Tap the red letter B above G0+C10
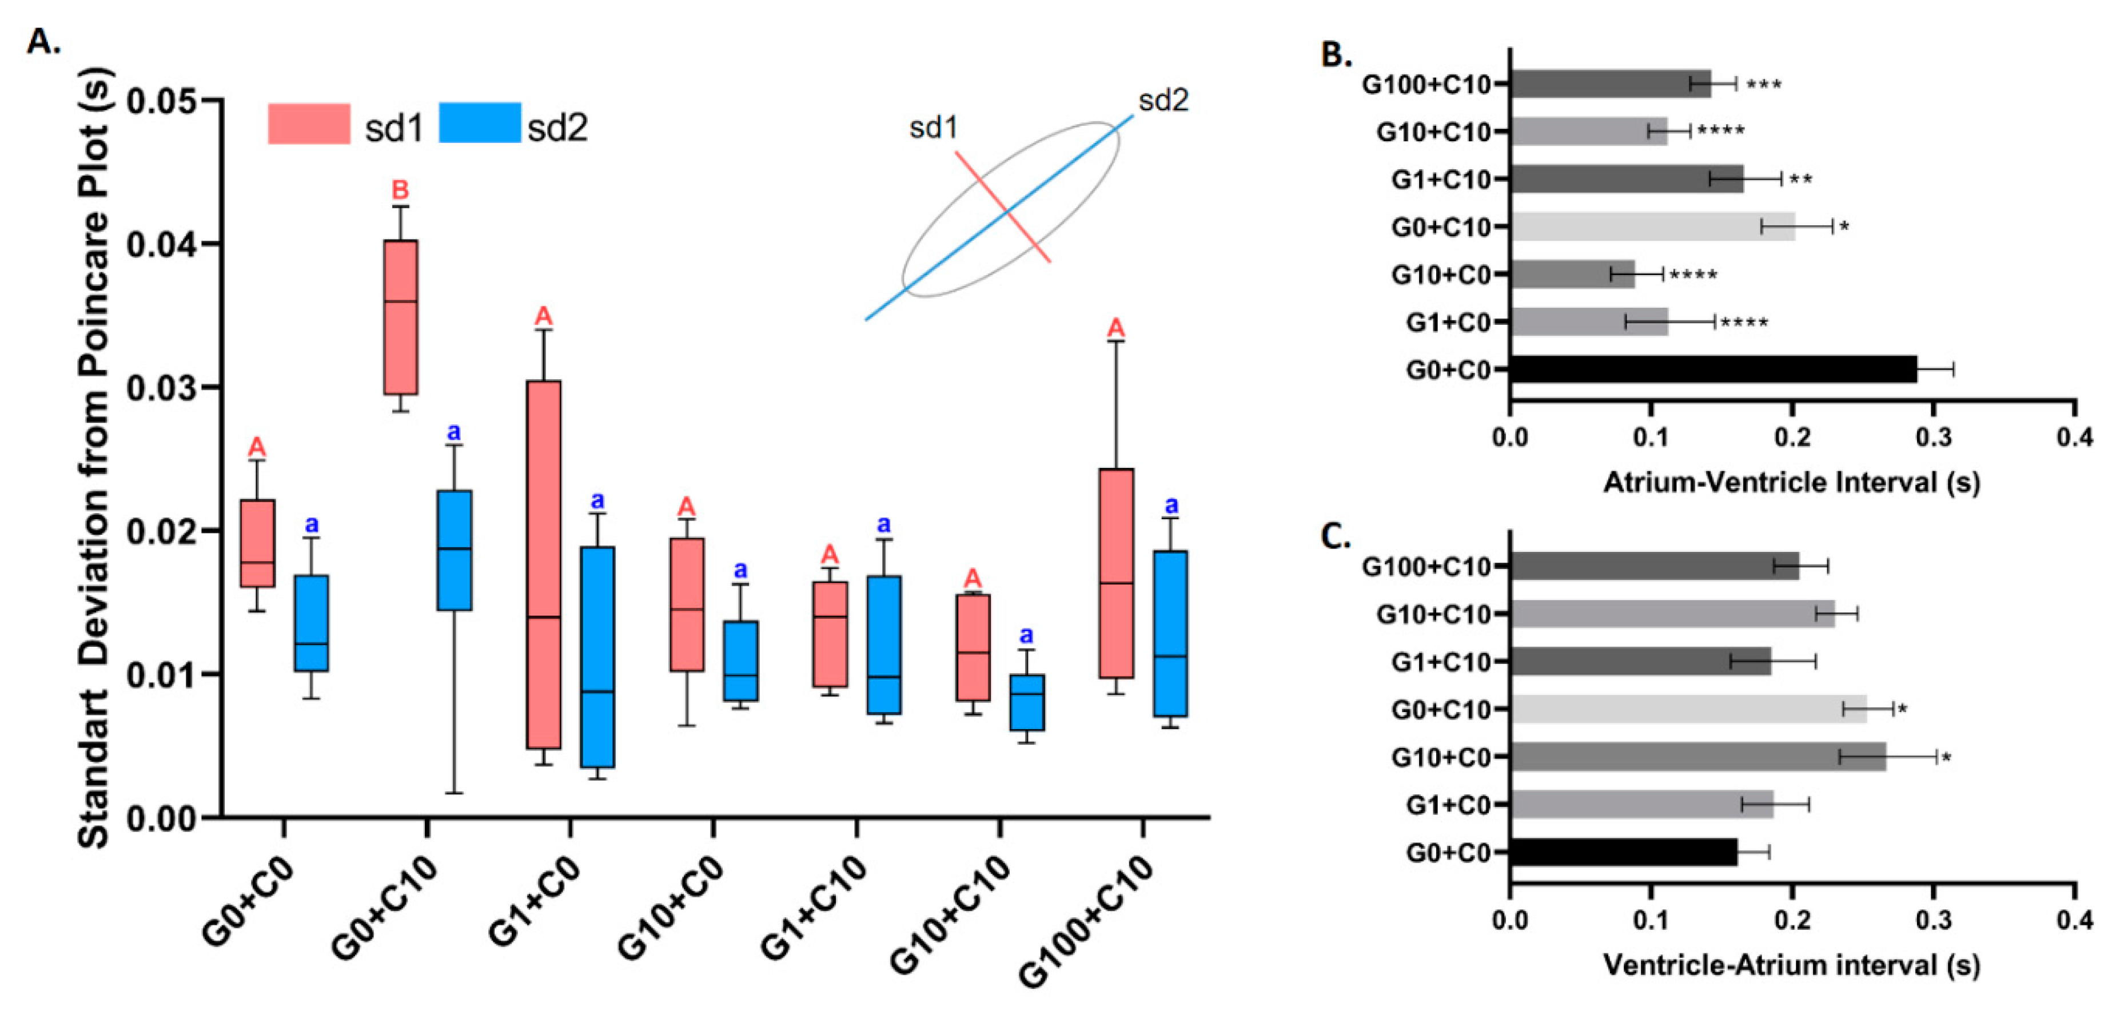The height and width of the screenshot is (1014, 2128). [x=400, y=190]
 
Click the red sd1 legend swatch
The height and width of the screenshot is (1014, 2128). [x=309, y=124]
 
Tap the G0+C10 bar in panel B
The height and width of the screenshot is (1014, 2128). [x=1652, y=226]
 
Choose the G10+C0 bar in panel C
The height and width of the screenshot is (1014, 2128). [x=1697, y=757]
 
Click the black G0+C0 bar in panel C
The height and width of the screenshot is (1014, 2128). [x=1623, y=852]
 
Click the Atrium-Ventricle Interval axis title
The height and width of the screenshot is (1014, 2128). [x=1791, y=482]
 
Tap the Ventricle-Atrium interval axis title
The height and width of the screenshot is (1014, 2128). [x=1791, y=964]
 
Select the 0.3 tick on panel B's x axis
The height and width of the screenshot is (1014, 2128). [x=1933, y=436]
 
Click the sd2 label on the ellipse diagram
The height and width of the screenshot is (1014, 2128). [x=1163, y=101]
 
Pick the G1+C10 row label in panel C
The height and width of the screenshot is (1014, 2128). [x=1441, y=662]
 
